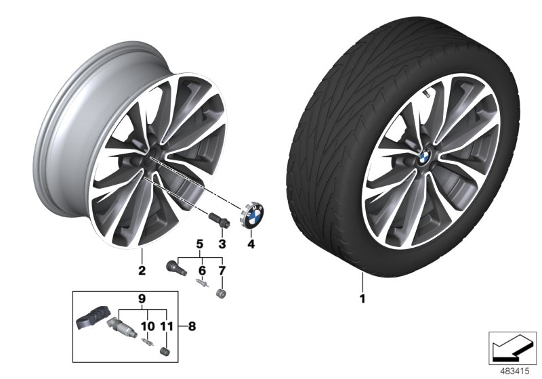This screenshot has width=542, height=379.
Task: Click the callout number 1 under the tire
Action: pyautogui.click(x=362, y=298)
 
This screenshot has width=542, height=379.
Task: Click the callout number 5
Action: pyautogui.click(x=200, y=244)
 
